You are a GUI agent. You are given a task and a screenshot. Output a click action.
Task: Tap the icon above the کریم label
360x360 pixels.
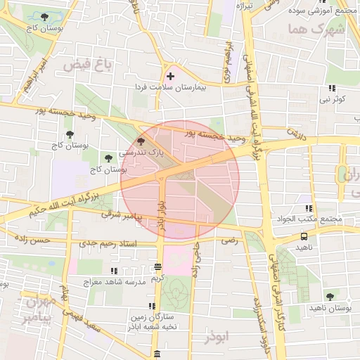(157, 267)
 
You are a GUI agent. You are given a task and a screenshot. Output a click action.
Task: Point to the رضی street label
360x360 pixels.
(229, 240)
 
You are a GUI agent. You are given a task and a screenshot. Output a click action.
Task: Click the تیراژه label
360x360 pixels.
(244, 6)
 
